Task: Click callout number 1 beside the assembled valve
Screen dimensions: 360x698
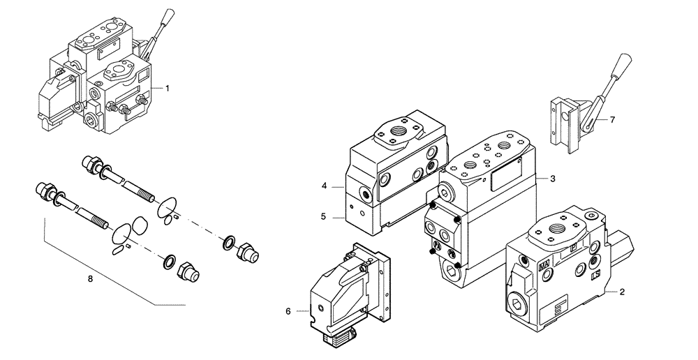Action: [x=168, y=89]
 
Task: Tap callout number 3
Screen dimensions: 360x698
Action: [x=552, y=179]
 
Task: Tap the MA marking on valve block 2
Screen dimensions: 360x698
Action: [x=542, y=265]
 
